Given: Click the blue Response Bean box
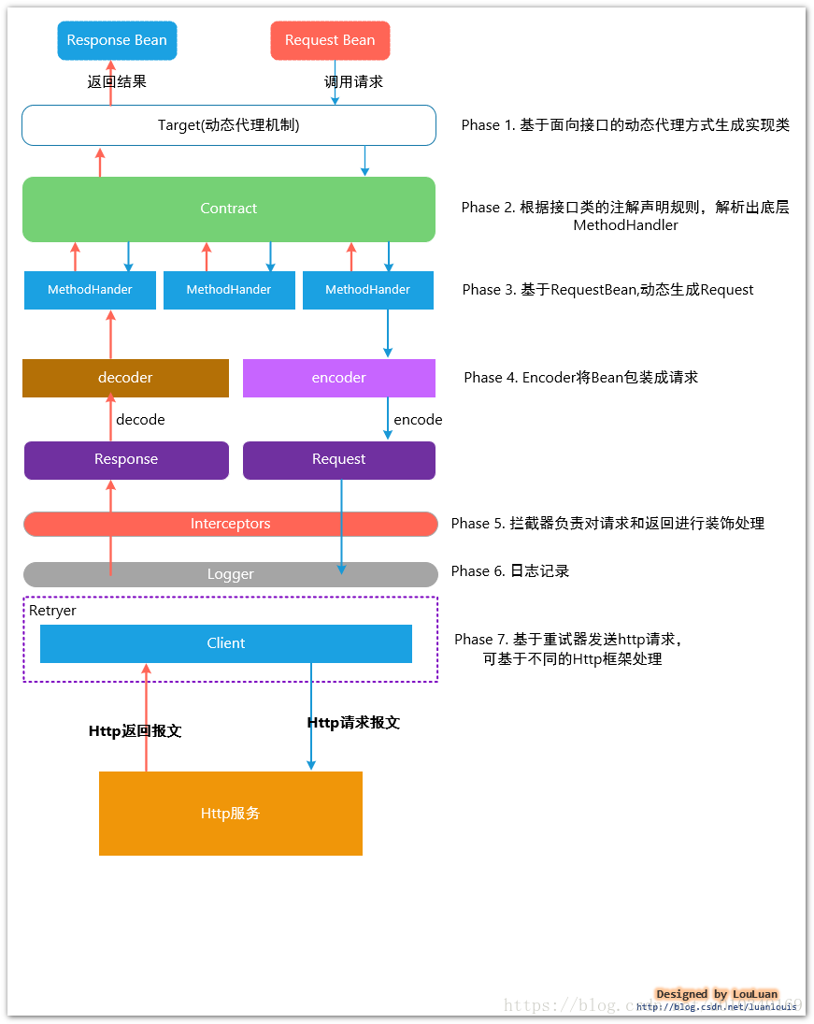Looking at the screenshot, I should (117, 40).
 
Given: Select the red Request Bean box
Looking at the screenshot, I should (330, 40).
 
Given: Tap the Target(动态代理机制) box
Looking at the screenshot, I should (229, 125).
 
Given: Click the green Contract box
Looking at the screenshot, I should (229, 209).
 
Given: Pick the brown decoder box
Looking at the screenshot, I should (125, 378).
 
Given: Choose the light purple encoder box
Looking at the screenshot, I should (338, 378).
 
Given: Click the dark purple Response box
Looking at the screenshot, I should (126, 459).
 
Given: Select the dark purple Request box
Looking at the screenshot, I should (338, 459).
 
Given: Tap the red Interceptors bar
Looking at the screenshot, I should (230, 524).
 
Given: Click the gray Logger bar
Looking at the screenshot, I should (230, 574).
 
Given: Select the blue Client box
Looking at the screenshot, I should (226, 643).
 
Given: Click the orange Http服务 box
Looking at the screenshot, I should (230, 814).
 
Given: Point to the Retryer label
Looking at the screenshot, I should (52, 611).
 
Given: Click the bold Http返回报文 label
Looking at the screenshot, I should (135, 731).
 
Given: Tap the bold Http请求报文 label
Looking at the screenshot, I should (353, 723).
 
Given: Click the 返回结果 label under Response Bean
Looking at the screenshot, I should (117, 81).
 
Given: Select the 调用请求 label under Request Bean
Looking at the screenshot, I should (353, 81).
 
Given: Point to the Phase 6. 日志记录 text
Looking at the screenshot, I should (510, 571).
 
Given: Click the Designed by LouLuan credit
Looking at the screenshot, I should (717, 994).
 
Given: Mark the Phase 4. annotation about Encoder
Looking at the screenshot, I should (580, 378).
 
